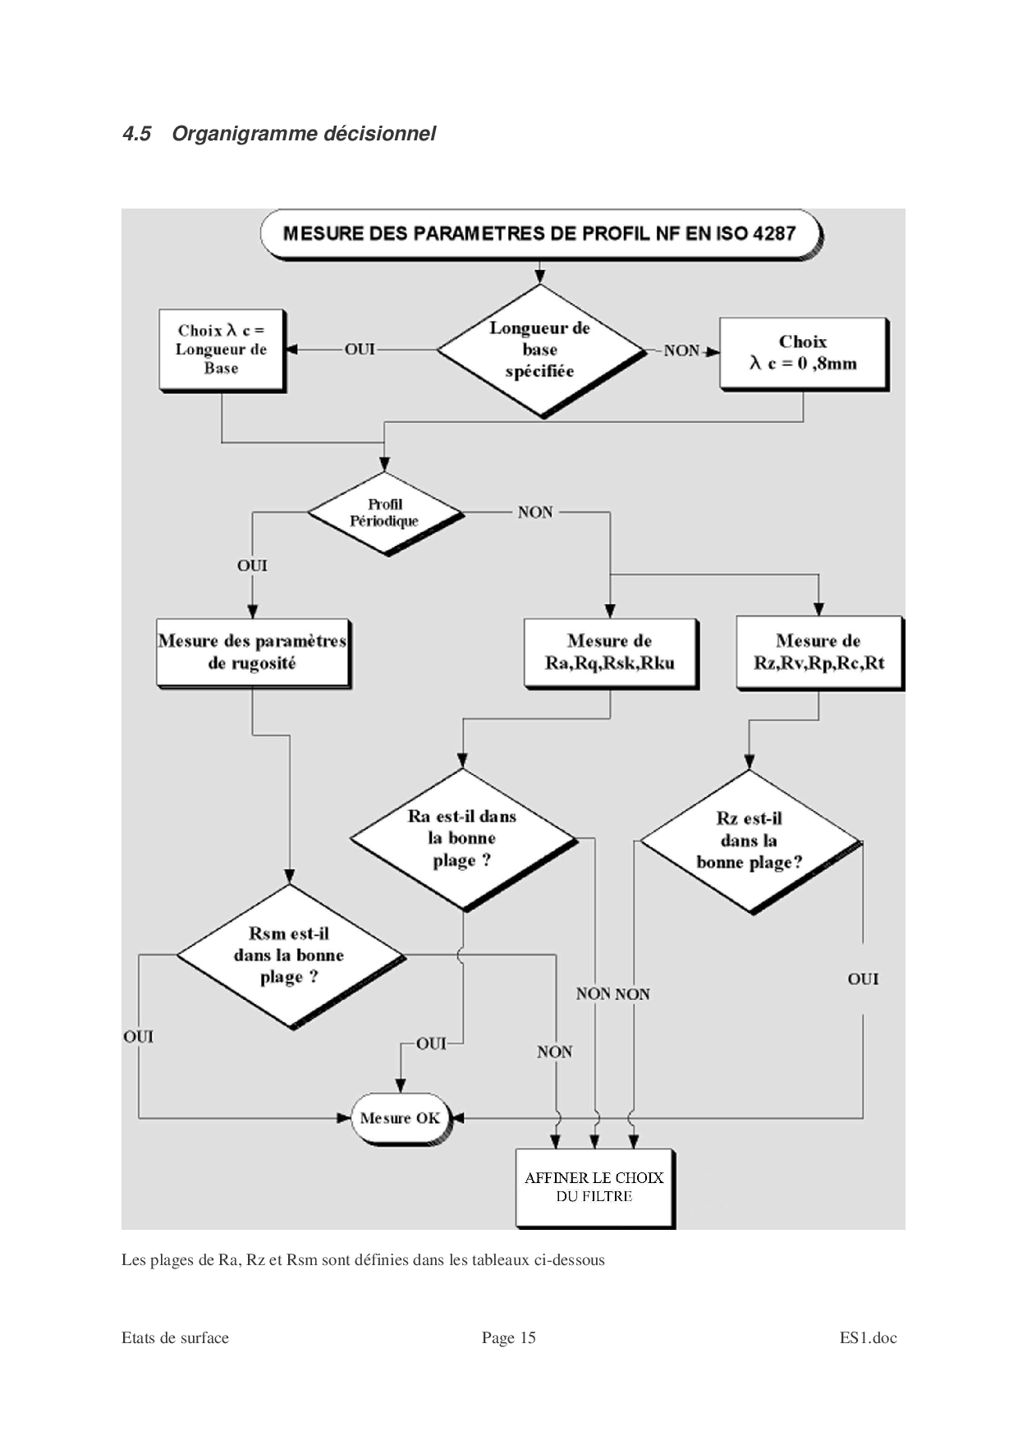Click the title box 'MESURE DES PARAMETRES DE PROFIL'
539,233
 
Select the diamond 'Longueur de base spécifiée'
539,350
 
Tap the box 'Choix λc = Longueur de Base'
221,350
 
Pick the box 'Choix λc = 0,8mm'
803,353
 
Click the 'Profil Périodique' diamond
384,512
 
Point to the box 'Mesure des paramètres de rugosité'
252,652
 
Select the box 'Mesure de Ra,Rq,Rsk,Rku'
610,652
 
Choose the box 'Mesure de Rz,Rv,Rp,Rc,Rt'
819,652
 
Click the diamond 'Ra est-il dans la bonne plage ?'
462,838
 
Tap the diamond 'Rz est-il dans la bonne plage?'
750,841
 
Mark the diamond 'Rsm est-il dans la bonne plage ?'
289,955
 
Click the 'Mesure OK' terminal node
400,1118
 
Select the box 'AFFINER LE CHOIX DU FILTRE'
594,1187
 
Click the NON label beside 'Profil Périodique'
535,512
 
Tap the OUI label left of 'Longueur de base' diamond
360,350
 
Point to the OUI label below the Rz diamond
863,979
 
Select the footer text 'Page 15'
508,1338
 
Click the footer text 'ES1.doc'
868,1338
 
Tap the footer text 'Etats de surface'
175,1338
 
